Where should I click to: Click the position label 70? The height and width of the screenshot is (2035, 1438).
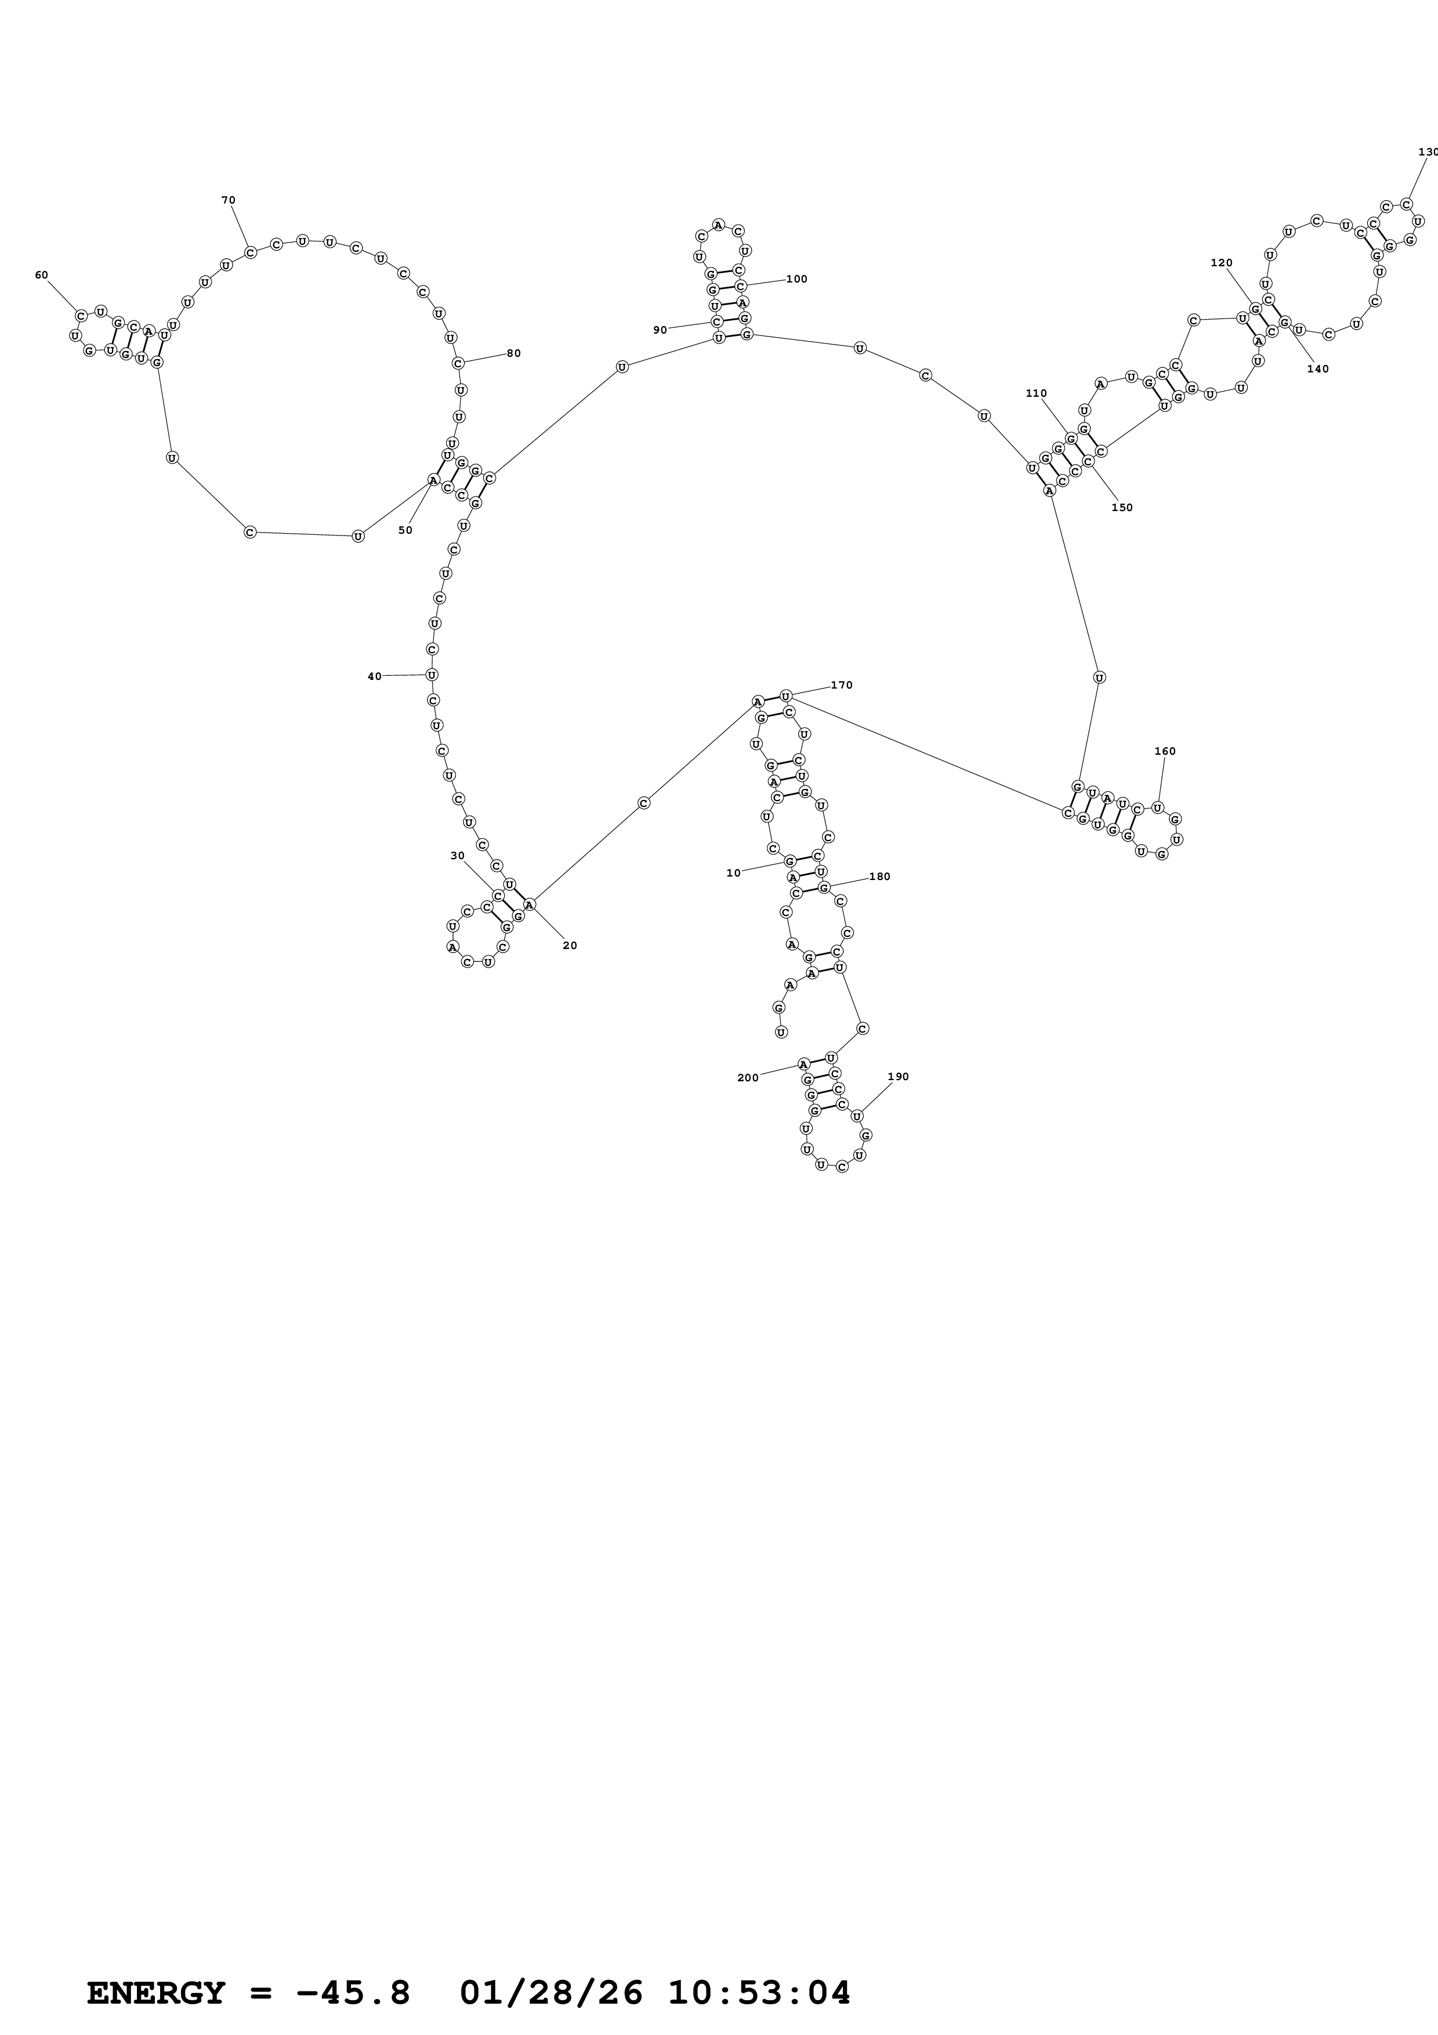(x=229, y=200)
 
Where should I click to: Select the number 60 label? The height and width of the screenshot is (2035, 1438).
(x=42, y=275)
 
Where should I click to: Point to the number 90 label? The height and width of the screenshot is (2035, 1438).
(x=660, y=331)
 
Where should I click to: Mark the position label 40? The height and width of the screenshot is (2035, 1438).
(x=375, y=677)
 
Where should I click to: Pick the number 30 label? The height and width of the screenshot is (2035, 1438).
(x=457, y=856)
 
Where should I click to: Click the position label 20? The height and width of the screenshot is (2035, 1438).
(x=570, y=946)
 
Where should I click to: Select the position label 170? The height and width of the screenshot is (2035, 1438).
(x=842, y=685)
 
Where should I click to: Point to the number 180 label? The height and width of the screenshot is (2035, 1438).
(x=880, y=877)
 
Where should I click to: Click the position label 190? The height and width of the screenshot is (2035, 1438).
(x=899, y=1077)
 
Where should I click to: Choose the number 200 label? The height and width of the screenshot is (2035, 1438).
(x=748, y=1078)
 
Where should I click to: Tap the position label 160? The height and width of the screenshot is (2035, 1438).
(x=1165, y=752)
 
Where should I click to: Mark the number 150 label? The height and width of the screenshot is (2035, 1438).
(x=1122, y=508)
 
